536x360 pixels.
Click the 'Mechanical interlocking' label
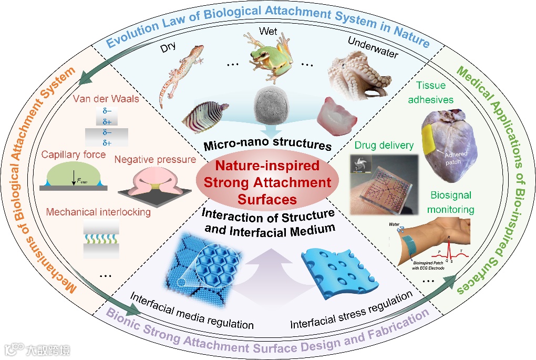(x=98, y=212)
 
